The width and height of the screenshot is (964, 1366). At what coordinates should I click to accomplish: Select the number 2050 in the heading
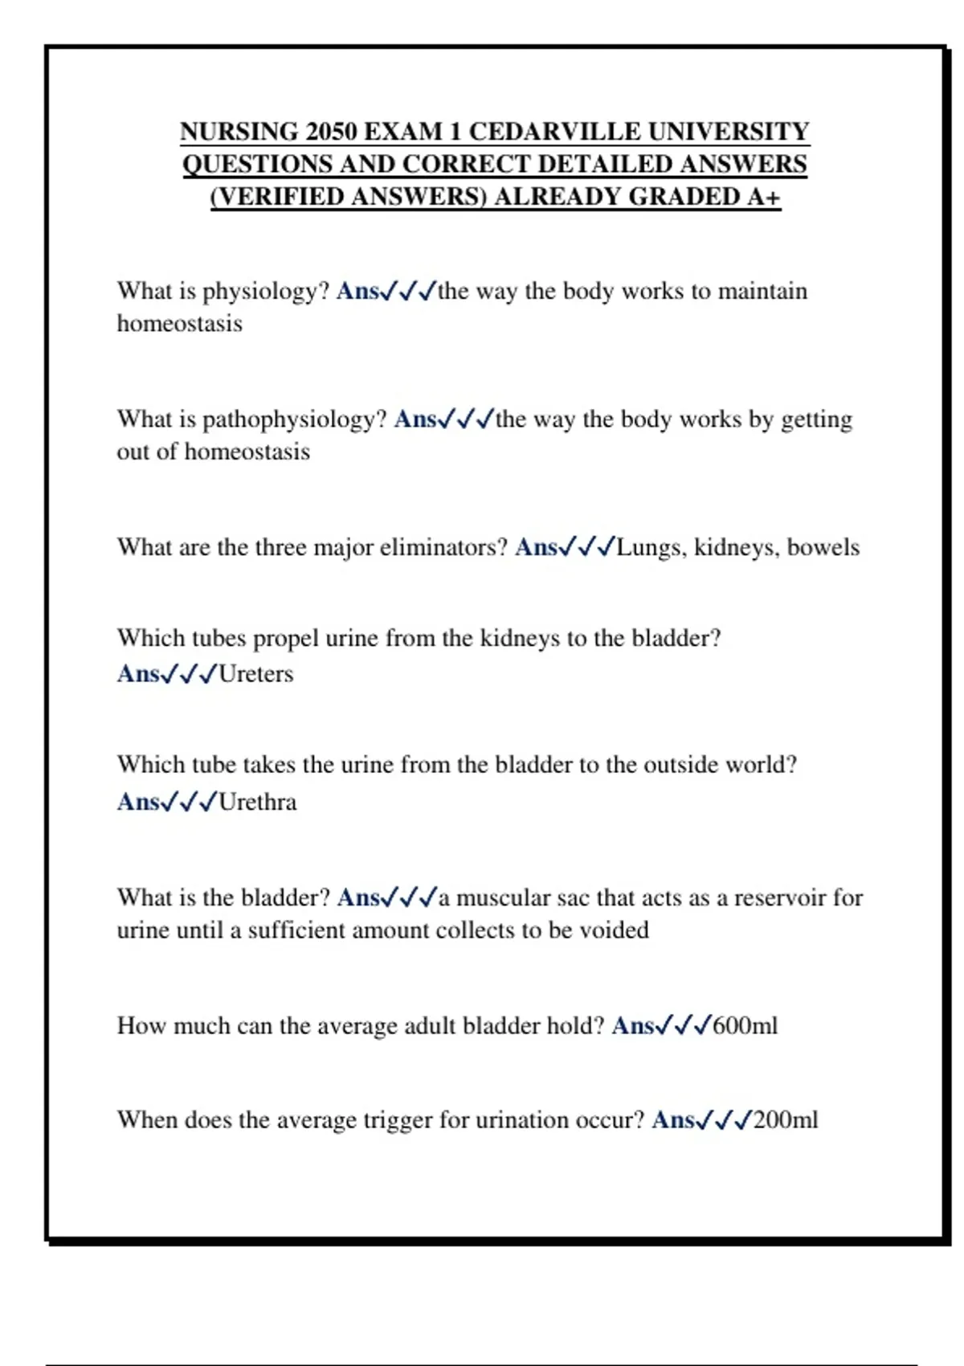[x=330, y=132]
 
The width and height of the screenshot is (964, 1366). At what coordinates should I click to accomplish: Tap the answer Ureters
[x=255, y=674]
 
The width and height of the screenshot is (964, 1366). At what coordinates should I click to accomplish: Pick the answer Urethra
[x=257, y=802]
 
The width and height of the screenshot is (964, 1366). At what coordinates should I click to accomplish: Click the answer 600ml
[x=745, y=1026]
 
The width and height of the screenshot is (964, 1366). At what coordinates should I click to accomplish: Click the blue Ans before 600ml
[x=633, y=1026]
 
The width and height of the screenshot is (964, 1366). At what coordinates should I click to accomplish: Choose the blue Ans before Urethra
[x=138, y=802]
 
